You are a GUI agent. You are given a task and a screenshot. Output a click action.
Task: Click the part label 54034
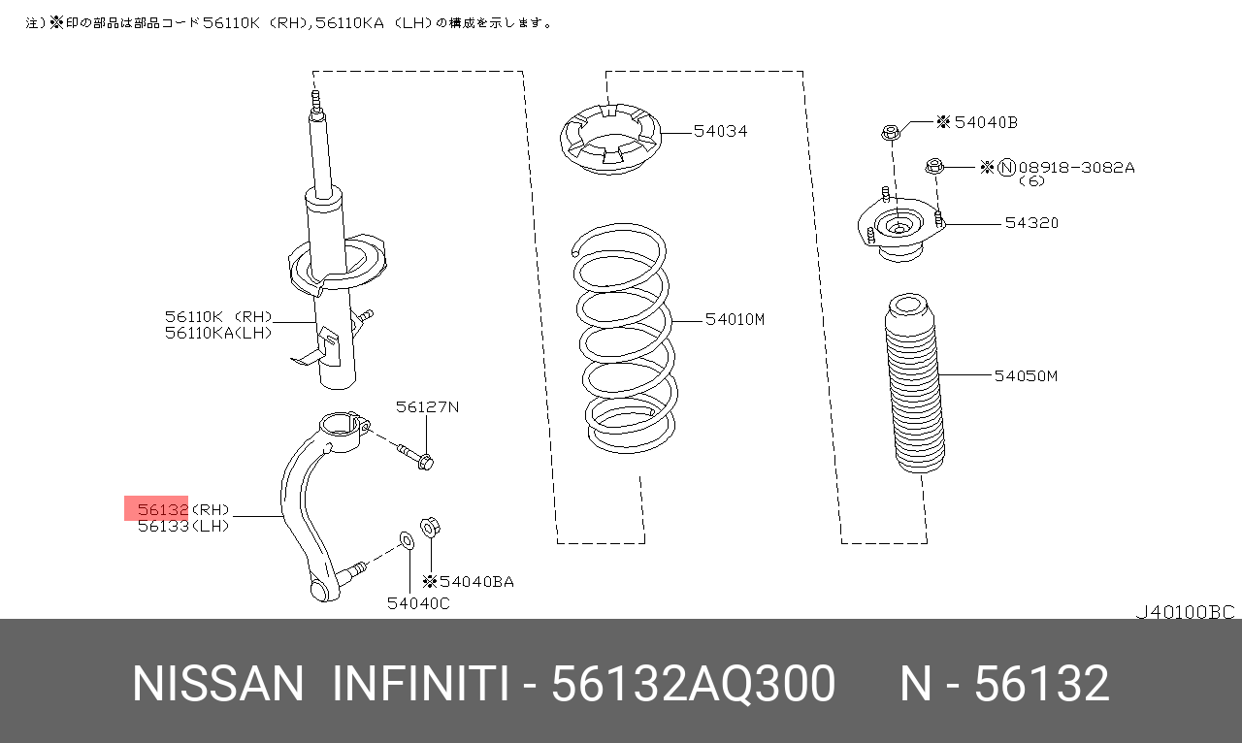pos(720,131)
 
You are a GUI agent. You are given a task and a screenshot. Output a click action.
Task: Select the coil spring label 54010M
pos(735,319)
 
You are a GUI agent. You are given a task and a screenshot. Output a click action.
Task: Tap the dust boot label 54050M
pos(1026,376)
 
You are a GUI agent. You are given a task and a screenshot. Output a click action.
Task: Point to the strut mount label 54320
pos(1031,223)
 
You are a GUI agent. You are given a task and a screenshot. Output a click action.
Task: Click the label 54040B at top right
pos(986,122)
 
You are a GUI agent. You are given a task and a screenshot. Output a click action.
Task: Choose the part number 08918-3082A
pos(1077,168)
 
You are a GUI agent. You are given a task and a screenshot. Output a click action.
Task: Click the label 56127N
pos(428,407)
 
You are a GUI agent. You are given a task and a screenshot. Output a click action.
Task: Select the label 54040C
pos(418,603)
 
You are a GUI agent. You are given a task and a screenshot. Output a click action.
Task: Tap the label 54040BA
pos(476,582)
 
